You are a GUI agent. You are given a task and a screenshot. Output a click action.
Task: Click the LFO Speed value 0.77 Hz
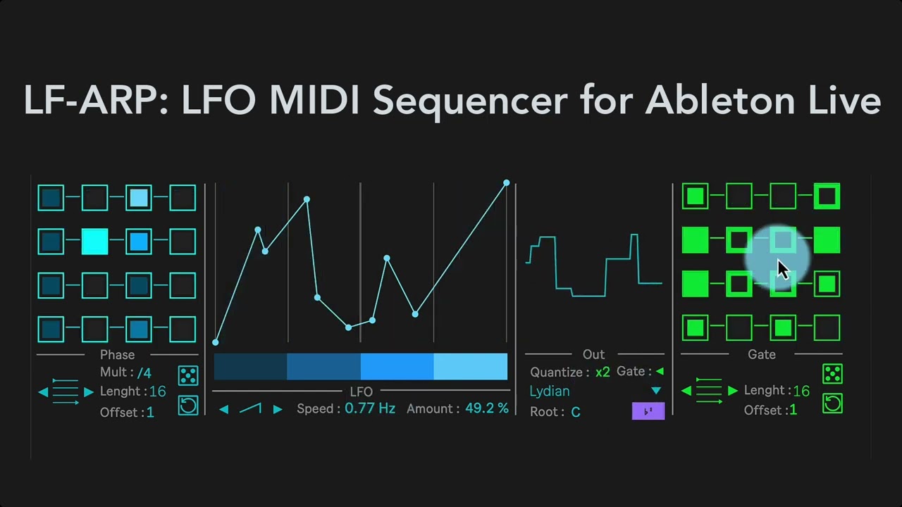pyautogui.click(x=369, y=408)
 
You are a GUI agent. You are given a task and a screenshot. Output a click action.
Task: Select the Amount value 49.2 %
pyautogui.click(x=486, y=408)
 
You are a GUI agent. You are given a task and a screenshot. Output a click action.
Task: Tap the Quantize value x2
pyautogui.click(x=603, y=372)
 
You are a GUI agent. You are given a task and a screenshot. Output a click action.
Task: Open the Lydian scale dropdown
pyautogui.click(x=656, y=391)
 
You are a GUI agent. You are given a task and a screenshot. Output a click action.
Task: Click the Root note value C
pyautogui.click(x=576, y=412)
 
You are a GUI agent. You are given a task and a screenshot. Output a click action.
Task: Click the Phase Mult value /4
pyautogui.click(x=144, y=372)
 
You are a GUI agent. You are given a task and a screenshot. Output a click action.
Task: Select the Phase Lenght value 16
pyautogui.click(x=157, y=392)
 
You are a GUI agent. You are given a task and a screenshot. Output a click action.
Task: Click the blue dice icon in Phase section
pyautogui.click(x=188, y=375)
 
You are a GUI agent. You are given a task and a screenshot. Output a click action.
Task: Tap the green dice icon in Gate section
pyautogui.click(x=832, y=373)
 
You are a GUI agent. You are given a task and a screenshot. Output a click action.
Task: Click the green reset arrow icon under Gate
pyautogui.click(x=832, y=403)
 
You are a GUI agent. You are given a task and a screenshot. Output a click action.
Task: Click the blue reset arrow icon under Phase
pyautogui.click(x=188, y=405)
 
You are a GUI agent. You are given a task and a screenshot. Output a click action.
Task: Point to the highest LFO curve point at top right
pyautogui.click(x=506, y=183)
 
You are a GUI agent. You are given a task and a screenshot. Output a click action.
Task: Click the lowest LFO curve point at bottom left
pyautogui.click(x=216, y=342)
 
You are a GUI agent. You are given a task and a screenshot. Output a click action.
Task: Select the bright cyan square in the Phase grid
pyautogui.click(x=95, y=242)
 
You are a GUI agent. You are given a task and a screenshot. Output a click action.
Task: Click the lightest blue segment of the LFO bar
pyautogui.click(x=470, y=367)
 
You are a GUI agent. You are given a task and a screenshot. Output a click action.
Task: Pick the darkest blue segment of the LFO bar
pyautogui.click(x=250, y=367)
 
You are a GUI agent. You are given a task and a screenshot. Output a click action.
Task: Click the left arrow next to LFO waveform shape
pyautogui.click(x=223, y=409)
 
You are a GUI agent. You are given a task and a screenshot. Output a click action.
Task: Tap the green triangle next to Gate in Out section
pyautogui.click(x=660, y=371)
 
